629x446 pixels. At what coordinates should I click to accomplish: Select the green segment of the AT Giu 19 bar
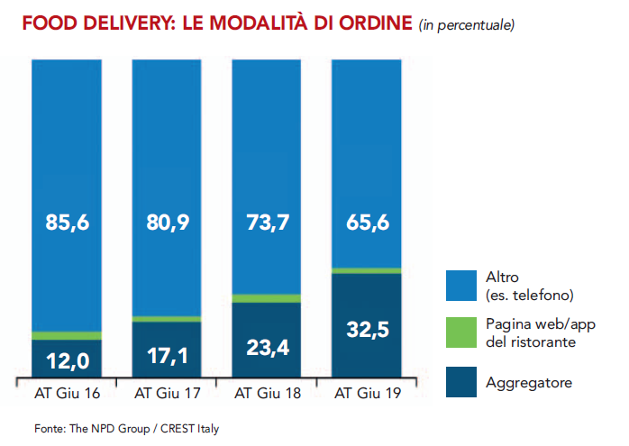[367, 270]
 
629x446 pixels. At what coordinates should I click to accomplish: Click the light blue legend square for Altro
[465, 286]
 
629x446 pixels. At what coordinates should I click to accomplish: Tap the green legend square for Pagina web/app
[465, 333]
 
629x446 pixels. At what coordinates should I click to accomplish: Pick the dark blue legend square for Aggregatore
[465, 382]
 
